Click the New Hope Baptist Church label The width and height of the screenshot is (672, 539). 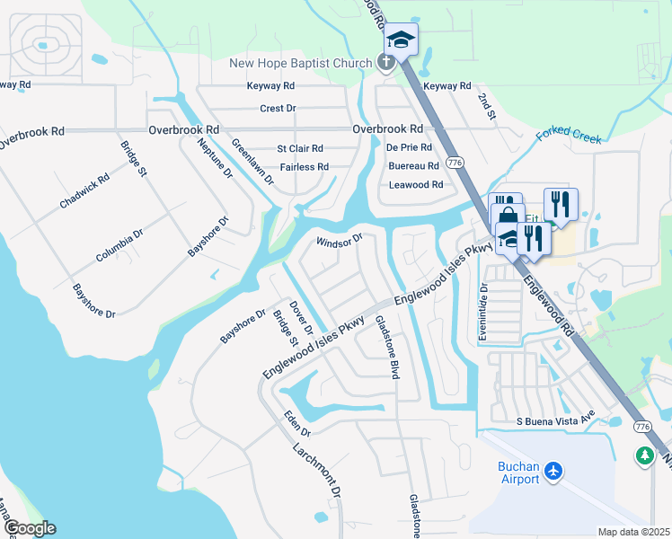tap(300, 63)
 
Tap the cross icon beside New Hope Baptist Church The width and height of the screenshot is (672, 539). tap(385, 62)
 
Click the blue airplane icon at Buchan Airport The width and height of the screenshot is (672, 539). tap(554, 471)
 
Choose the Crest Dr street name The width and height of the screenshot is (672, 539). tap(278, 109)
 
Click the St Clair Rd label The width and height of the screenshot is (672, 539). tap(300, 148)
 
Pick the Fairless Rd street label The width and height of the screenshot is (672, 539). tap(304, 167)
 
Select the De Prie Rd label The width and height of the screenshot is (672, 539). tap(409, 147)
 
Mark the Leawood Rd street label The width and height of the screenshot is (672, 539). tap(416, 185)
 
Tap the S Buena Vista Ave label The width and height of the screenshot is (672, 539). tap(555, 420)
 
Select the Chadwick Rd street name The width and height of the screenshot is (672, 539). tap(85, 190)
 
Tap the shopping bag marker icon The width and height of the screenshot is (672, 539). tap(508, 217)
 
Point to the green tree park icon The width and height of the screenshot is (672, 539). tap(644, 456)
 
